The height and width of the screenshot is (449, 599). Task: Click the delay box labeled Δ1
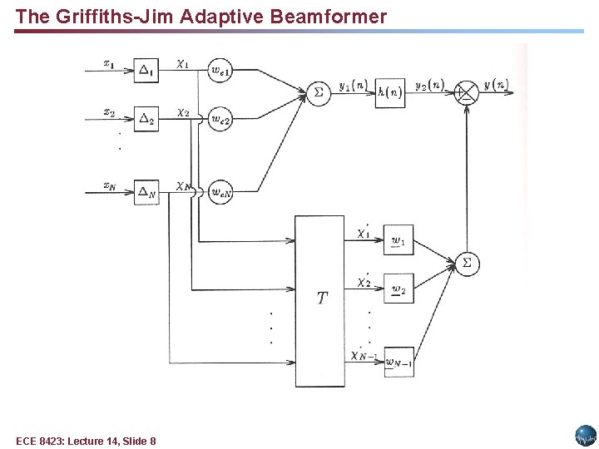tap(146, 72)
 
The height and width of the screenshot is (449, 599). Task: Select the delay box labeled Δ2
tap(146, 120)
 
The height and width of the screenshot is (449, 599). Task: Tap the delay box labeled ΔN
tap(146, 193)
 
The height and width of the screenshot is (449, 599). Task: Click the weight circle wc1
tap(220, 72)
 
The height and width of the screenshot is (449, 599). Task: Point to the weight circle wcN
tap(220, 193)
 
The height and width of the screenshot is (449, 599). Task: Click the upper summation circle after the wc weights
tap(317, 92)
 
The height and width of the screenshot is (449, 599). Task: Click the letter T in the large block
tap(322, 298)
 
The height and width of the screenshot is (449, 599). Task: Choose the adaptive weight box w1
tap(399, 240)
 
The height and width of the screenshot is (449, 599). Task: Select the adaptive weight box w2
tap(399, 289)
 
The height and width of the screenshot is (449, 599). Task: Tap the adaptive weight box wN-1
tap(399, 362)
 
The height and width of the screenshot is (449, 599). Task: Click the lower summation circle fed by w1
tap(467, 264)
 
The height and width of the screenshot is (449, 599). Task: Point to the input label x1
tap(108, 62)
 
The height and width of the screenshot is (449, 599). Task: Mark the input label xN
tap(110, 185)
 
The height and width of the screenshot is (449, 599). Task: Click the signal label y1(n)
tap(354, 85)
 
